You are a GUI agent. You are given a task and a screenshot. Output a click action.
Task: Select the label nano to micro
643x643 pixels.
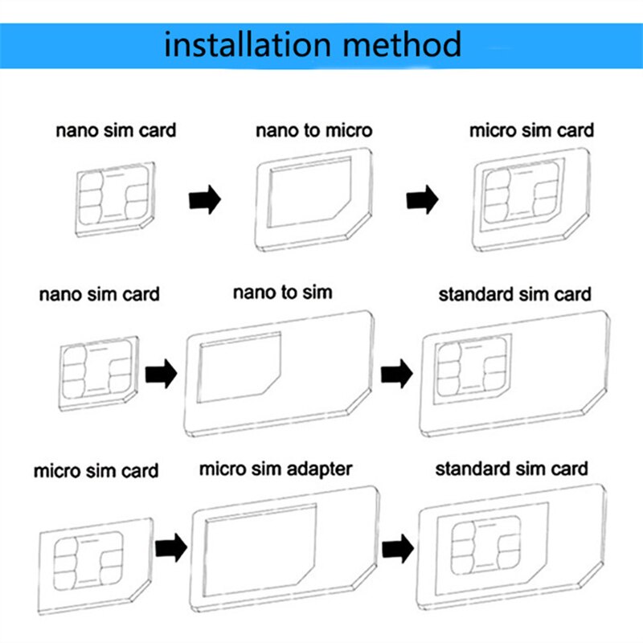(314, 130)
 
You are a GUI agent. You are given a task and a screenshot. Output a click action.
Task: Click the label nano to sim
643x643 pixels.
(282, 292)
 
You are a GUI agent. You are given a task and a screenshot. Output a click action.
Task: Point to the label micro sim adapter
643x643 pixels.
(276, 467)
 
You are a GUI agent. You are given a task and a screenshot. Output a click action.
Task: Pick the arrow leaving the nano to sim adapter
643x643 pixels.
(396, 375)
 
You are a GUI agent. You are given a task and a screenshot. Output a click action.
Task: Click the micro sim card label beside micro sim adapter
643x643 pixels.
(96, 471)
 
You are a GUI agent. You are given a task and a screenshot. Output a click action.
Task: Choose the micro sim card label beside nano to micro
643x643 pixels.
(531, 130)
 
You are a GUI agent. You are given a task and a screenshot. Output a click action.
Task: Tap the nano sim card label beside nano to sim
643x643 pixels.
(99, 294)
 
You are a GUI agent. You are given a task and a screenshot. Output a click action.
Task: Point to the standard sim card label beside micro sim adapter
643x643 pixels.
(511, 468)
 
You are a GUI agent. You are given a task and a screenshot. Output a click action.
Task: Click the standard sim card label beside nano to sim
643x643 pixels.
(514, 294)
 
